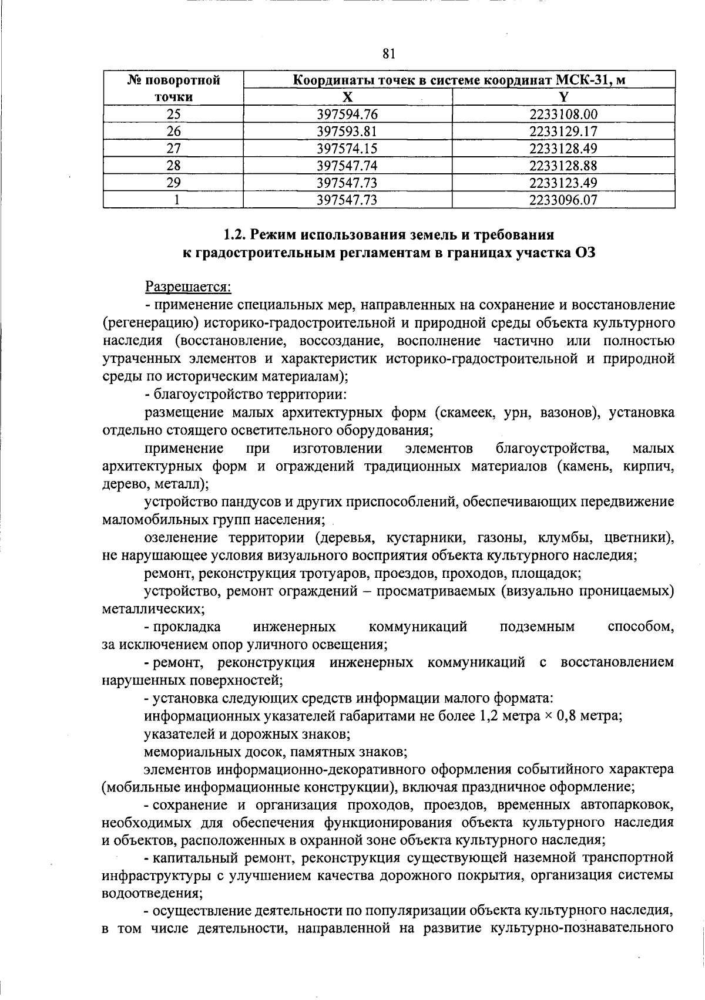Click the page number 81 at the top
(x=388, y=54)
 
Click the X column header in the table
(x=348, y=97)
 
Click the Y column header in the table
(x=563, y=97)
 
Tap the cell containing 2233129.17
(x=563, y=132)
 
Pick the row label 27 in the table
(x=173, y=149)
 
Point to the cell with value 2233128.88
(x=563, y=166)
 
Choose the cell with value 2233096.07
(x=563, y=200)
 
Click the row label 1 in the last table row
(x=173, y=200)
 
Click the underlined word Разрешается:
(x=189, y=288)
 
